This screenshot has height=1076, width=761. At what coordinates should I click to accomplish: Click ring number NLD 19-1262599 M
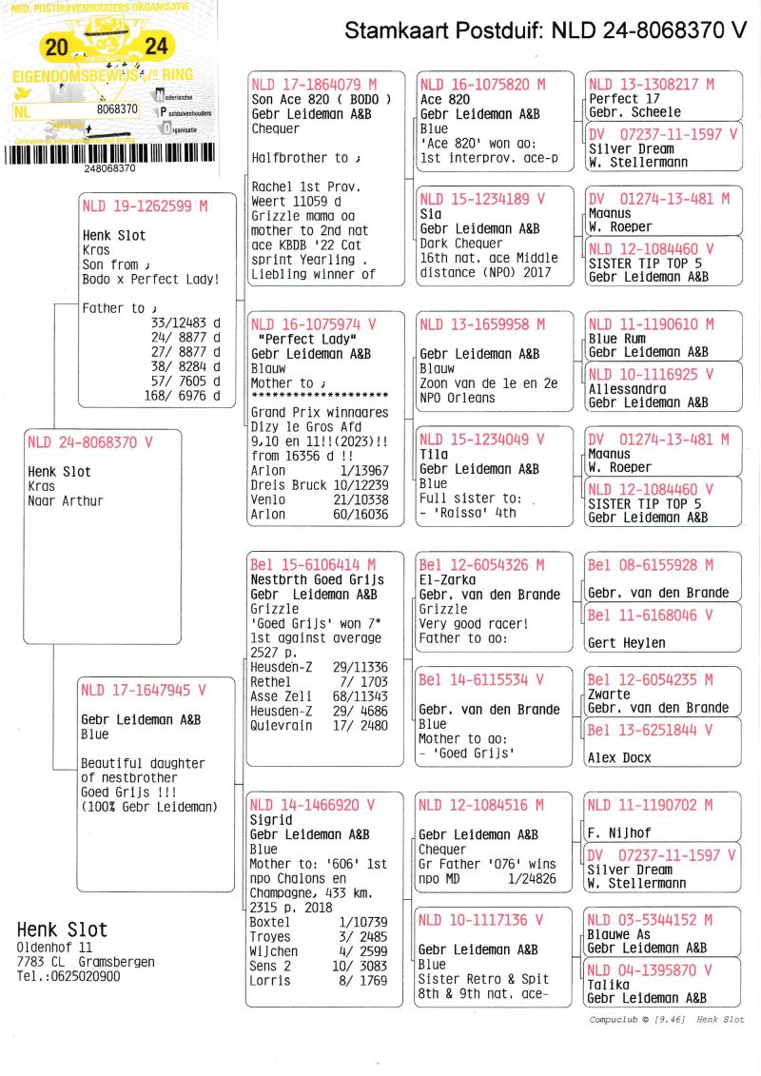(x=144, y=205)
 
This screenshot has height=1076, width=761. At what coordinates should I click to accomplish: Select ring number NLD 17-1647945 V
(x=143, y=691)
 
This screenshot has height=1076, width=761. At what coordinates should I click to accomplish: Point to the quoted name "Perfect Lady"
(x=297, y=339)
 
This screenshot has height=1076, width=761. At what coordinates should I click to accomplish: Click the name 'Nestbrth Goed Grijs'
(x=317, y=579)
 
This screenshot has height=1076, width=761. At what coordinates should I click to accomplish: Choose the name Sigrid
(x=271, y=819)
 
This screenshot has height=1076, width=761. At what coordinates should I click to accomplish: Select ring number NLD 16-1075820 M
(x=482, y=85)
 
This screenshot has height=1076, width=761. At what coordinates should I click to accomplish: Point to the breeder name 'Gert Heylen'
(x=626, y=643)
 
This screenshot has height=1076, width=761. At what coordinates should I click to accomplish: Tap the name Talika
(x=610, y=985)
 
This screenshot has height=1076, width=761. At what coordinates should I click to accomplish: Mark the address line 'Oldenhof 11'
(x=55, y=949)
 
